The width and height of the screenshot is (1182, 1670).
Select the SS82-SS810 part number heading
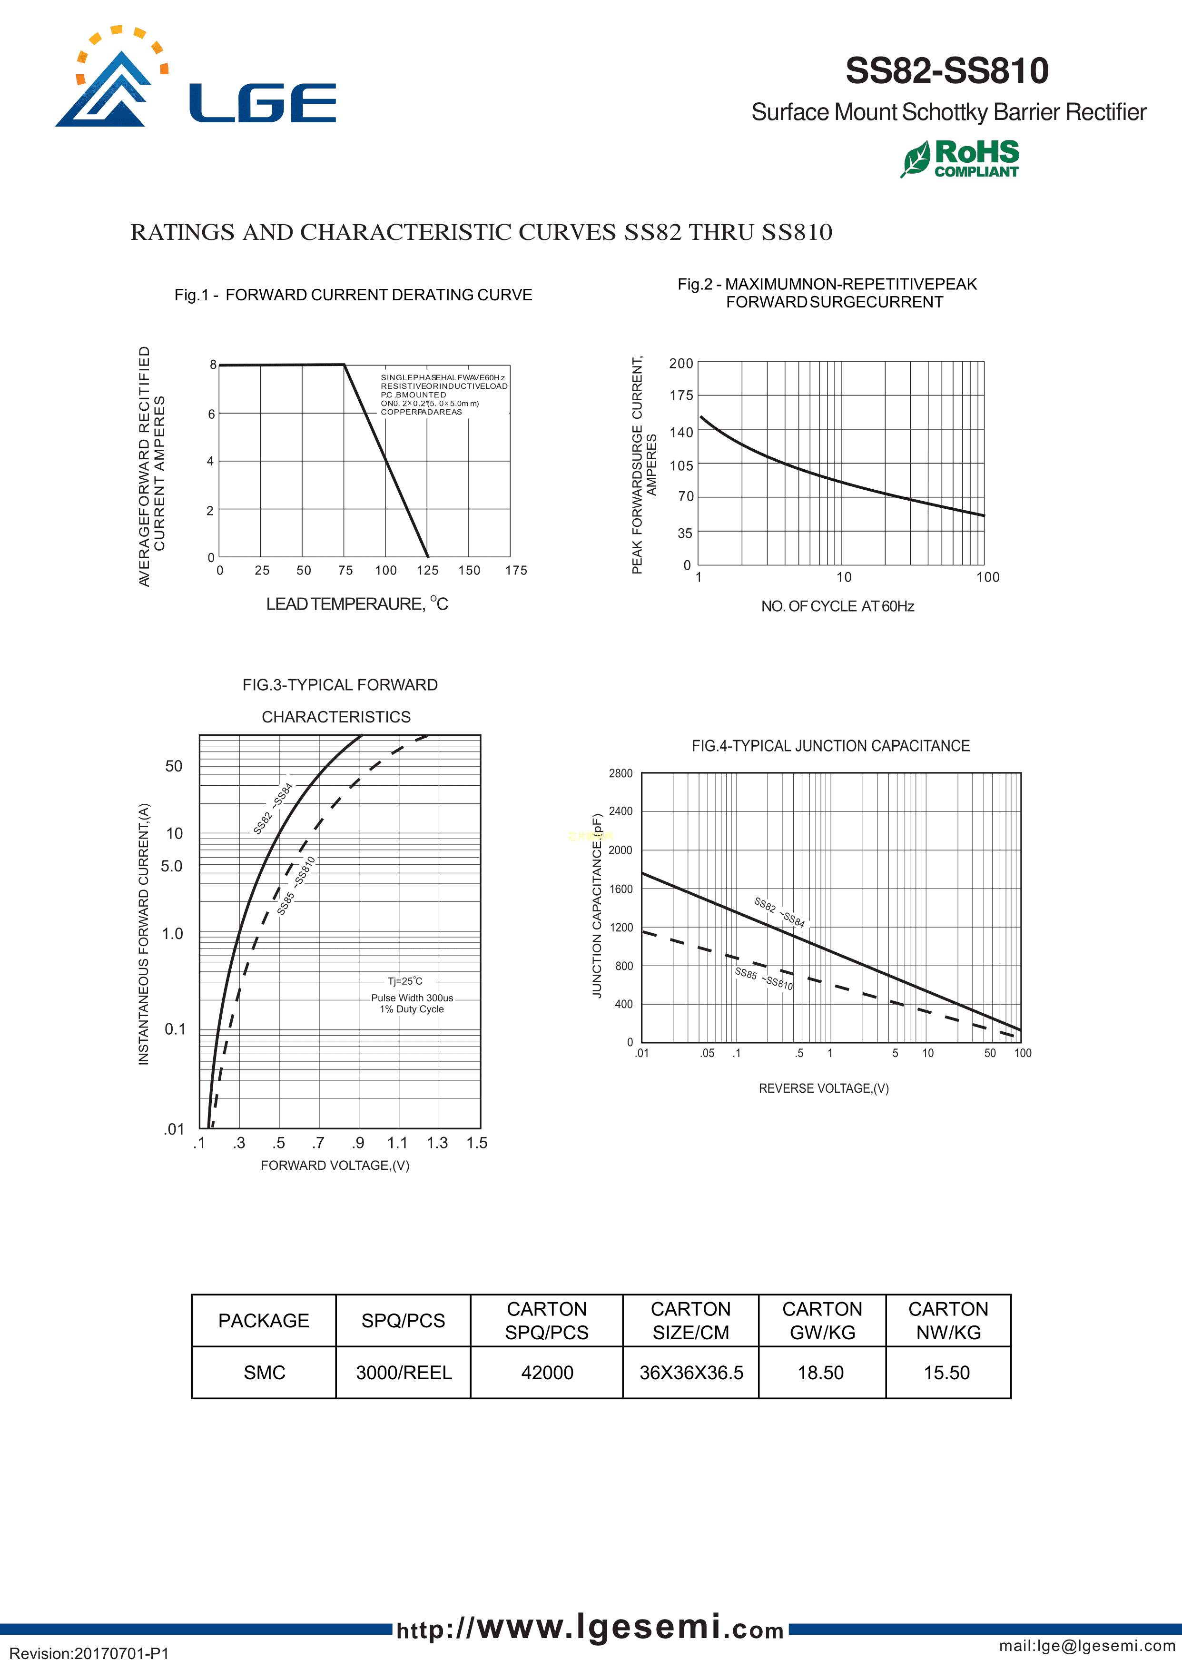[946, 70]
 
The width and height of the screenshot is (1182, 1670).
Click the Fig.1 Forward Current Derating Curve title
[353, 295]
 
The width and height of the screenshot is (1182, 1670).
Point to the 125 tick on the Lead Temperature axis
[427, 571]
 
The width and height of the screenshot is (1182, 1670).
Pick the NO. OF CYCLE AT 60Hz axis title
[837, 606]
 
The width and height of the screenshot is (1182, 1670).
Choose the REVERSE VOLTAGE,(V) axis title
[823, 1088]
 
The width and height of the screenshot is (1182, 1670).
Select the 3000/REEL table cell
[403, 1373]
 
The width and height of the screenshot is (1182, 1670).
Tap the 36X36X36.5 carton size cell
[691, 1373]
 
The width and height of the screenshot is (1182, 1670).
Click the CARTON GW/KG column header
[822, 1321]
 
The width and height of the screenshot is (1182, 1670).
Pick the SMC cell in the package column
[264, 1373]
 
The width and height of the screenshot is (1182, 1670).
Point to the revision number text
[89, 1653]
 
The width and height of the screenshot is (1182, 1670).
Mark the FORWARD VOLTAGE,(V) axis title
[335, 1166]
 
